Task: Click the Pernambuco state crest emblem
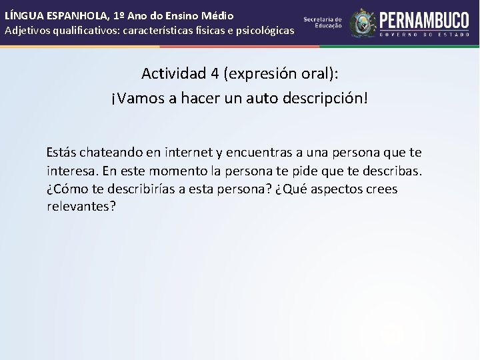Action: (x=363, y=23)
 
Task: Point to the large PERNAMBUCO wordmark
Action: (x=425, y=19)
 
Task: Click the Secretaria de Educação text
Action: (x=323, y=23)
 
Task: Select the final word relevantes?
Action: (x=81, y=207)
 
